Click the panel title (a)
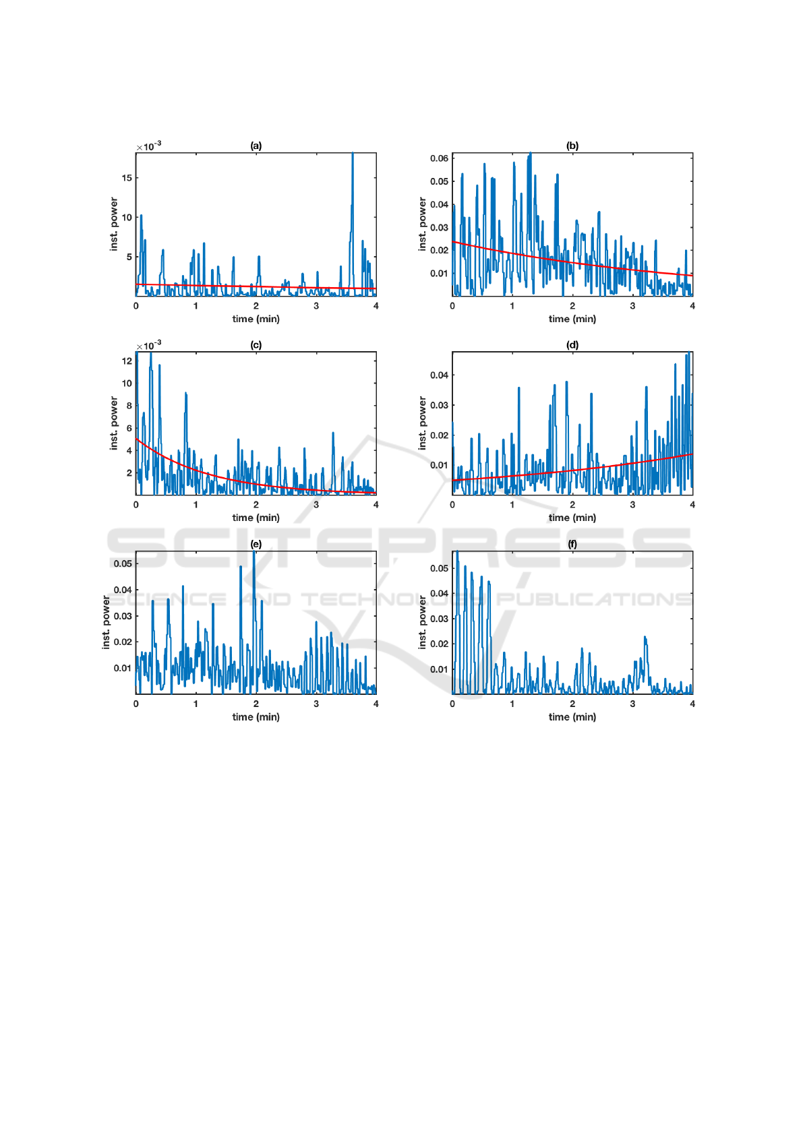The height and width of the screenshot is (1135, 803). point(256,146)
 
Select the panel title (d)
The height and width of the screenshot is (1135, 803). point(572,345)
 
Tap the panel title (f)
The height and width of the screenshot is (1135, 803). point(572,544)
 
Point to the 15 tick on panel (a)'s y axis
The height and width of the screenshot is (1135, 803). point(127,178)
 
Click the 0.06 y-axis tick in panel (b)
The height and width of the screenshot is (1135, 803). point(439,158)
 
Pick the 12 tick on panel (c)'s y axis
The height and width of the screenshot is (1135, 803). point(127,361)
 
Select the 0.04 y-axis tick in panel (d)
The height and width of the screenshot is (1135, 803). point(439,375)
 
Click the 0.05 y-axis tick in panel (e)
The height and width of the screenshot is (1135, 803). point(123,563)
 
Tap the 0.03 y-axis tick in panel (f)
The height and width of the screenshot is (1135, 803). point(439,619)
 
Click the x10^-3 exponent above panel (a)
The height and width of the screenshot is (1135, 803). point(149,146)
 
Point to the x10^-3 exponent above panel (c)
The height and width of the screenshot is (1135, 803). point(149,345)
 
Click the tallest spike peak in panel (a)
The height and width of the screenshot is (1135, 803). point(352,154)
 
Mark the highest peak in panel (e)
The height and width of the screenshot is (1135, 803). point(254,552)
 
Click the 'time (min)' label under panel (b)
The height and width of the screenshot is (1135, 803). point(572,319)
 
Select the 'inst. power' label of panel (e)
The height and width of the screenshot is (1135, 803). point(106,622)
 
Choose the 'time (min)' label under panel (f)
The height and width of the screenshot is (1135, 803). point(572,717)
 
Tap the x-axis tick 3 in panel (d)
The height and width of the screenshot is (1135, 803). point(632,505)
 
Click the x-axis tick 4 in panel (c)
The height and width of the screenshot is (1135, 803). point(376,505)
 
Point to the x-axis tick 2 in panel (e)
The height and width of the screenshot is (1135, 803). point(256,704)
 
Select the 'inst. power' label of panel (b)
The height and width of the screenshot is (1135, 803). point(422,224)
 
